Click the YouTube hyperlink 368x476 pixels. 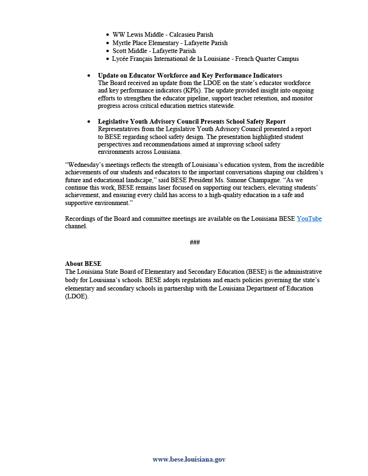[x=309, y=218]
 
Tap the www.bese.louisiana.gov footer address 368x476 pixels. [x=189, y=459]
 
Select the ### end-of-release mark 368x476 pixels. [x=195, y=243]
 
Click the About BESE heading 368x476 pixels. [x=83, y=264]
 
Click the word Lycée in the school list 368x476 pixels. [x=121, y=59]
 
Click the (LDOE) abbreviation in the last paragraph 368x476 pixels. [x=77, y=297]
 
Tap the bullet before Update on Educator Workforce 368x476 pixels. [x=89, y=76]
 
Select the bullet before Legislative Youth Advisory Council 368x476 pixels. [x=89, y=122]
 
